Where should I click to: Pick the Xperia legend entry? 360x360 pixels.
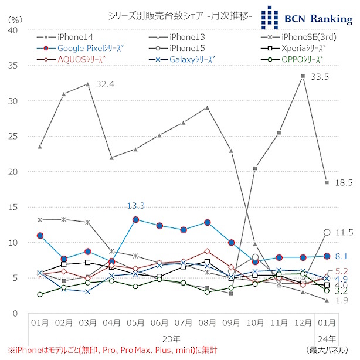pyautogui.click(x=302, y=47)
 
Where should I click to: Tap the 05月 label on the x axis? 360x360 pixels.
pyautogui.click(x=135, y=324)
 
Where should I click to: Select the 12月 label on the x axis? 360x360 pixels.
pyautogui.click(x=303, y=324)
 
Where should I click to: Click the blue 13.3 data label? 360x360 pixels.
pyautogui.click(x=135, y=205)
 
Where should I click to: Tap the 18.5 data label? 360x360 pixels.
pyautogui.click(x=342, y=183)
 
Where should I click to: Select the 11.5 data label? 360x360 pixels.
pyautogui.click(x=344, y=233)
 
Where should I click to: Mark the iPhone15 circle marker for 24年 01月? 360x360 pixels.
pyautogui.click(x=327, y=232)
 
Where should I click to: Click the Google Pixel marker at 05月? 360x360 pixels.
pyautogui.click(x=135, y=219)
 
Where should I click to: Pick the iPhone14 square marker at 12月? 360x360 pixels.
pyautogui.click(x=303, y=76)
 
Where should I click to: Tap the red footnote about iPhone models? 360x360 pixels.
pyautogui.click(x=111, y=350)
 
